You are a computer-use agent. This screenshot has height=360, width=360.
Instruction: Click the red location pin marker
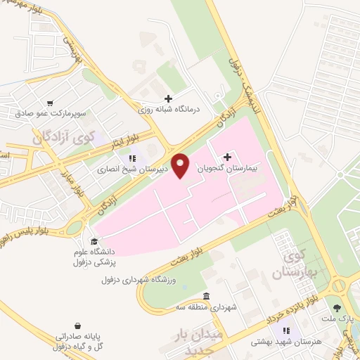coord(181,165)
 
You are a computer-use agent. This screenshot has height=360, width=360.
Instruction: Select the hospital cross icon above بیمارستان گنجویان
coord(226,157)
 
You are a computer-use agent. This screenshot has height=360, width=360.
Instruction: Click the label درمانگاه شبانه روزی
coord(168,110)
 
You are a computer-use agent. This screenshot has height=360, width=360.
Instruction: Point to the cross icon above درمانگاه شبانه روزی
coord(167,99)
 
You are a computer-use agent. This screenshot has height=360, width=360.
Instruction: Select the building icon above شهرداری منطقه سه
coord(206,295)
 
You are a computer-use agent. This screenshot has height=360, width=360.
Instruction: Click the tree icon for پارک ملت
coord(337,308)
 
